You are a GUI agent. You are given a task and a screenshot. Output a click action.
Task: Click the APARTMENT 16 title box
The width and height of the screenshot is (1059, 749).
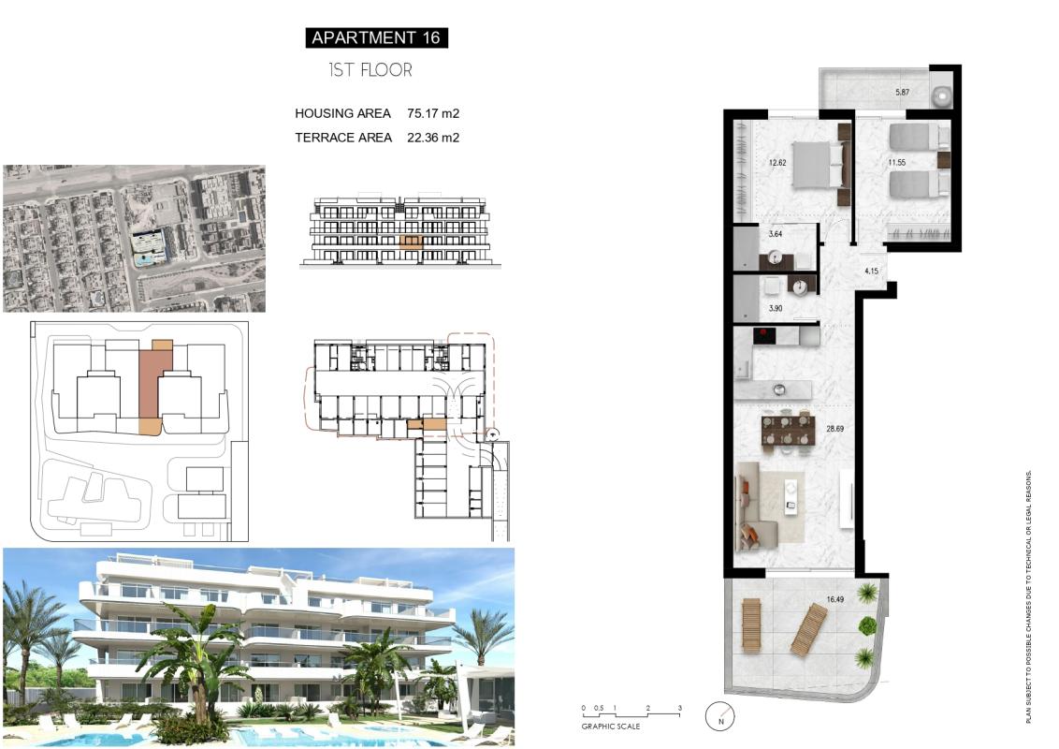pos(376,37)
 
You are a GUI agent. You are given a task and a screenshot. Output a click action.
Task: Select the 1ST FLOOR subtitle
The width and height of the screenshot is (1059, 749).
pos(370,70)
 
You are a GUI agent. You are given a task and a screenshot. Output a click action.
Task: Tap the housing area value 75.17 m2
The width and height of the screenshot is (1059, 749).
pos(433,113)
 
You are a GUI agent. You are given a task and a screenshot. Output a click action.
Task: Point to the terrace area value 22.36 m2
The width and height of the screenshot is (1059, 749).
pos(433,137)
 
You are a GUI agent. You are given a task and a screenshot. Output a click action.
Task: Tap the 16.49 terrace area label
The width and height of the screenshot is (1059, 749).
pos(835,599)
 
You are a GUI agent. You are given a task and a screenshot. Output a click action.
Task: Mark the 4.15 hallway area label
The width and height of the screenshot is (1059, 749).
pos(871,271)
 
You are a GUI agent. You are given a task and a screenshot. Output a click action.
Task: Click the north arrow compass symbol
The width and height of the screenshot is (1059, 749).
pos(720,717)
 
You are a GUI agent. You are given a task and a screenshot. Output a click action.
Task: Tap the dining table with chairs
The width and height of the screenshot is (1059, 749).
pos(788,432)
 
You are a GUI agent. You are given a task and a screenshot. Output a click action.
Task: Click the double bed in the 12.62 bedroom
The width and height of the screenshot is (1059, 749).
pos(818,165)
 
